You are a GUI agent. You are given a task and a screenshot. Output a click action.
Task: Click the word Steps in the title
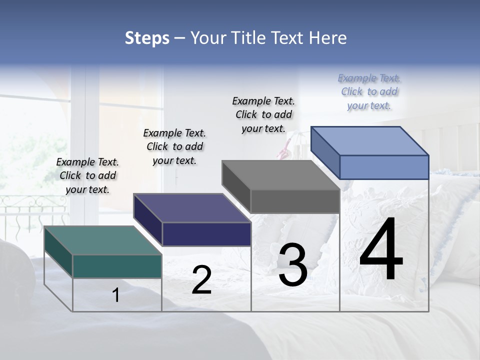point(147,38)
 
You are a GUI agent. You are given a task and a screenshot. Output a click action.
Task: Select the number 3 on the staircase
point(293,265)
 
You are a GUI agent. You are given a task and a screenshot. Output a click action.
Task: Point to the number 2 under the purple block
point(201,280)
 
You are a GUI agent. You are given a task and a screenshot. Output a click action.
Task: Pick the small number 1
point(116,295)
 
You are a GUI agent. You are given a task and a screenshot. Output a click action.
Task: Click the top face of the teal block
point(102,240)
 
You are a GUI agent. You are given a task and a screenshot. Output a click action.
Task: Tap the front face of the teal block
point(117,266)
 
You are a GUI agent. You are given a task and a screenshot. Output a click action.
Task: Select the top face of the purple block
point(192,208)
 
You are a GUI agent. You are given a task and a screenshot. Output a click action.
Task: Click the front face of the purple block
point(206,234)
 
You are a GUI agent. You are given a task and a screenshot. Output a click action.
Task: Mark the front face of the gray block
point(295,201)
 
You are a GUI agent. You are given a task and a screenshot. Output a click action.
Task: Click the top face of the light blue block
point(370,140)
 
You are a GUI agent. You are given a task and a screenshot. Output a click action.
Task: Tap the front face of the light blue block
point(384,167)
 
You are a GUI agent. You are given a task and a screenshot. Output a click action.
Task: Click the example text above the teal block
point(87,175)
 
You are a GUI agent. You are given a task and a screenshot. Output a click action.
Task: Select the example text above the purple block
point(174,146)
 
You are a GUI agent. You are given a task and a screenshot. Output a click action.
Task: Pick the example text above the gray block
point(263,114)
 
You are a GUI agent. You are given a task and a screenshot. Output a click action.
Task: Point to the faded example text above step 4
point(369,91)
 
